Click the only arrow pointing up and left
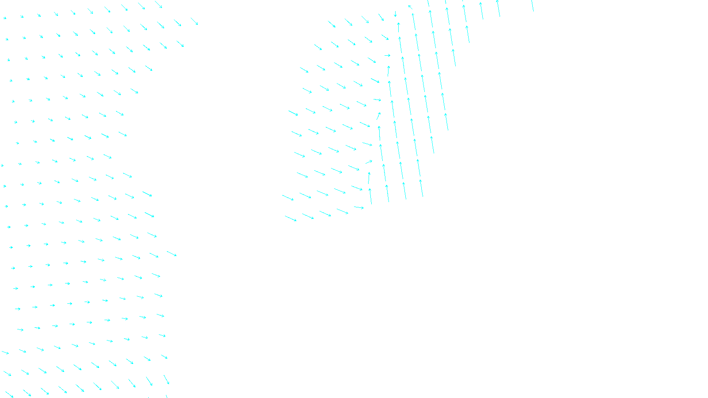point(410,7)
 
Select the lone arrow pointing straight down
point(395,14)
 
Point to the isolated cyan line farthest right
point(532,6)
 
